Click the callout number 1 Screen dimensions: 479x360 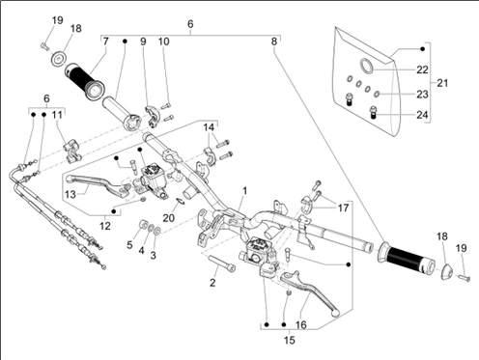pyautogui.click(x=244, y=191)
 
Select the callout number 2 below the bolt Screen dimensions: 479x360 pyautogui.click(x=212, y=283)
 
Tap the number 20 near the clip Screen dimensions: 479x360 pyautogui.click(x=168, y=218)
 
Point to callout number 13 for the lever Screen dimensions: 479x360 pyautogui.click(x=70, y=194)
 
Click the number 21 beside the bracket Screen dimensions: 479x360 pyautogui.click(x=442, y=83)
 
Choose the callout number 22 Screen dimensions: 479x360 pyautogui.click(x=422, y=69)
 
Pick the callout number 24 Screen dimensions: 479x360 pyautogui.click(x=422, y=115)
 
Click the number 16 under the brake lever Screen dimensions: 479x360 pyautogui.click(x=300, y=325)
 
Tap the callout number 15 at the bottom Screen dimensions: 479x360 pyautogui.click(x=290, y=340)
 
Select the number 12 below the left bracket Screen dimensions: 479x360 pyautogui.click(x=105, y=226)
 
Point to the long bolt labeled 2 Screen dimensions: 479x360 pyautogui.click(x=222, y=263)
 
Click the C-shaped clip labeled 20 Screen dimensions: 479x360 pyautogui.click(x=182, y=202)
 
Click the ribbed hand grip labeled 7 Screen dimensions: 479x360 pyautogui.click(x=84, y=80)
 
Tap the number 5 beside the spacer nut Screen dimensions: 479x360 pyautogui.click(x=129, y=245)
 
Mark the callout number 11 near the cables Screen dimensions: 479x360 pyautogui.click(x=57, y=115)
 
